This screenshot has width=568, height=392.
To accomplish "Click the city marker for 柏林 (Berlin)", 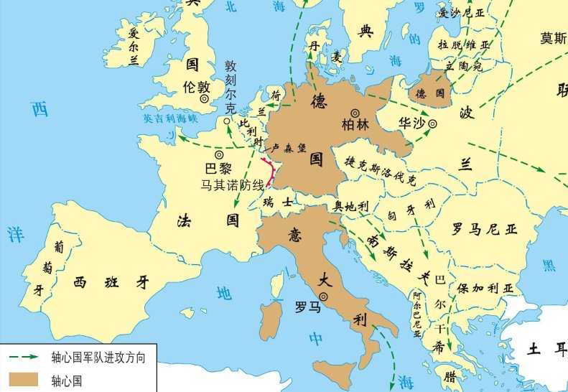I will coord(355,113).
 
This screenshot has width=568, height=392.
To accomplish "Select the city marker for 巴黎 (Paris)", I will coord(218,154).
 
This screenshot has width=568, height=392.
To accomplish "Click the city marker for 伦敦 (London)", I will coord(205,98).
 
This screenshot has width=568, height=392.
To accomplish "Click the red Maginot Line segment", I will coord(271,169).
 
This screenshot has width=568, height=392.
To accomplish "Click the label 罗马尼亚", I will coord(484,229).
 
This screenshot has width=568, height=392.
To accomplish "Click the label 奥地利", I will coord(352,206).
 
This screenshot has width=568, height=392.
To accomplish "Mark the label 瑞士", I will coord(277,202).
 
